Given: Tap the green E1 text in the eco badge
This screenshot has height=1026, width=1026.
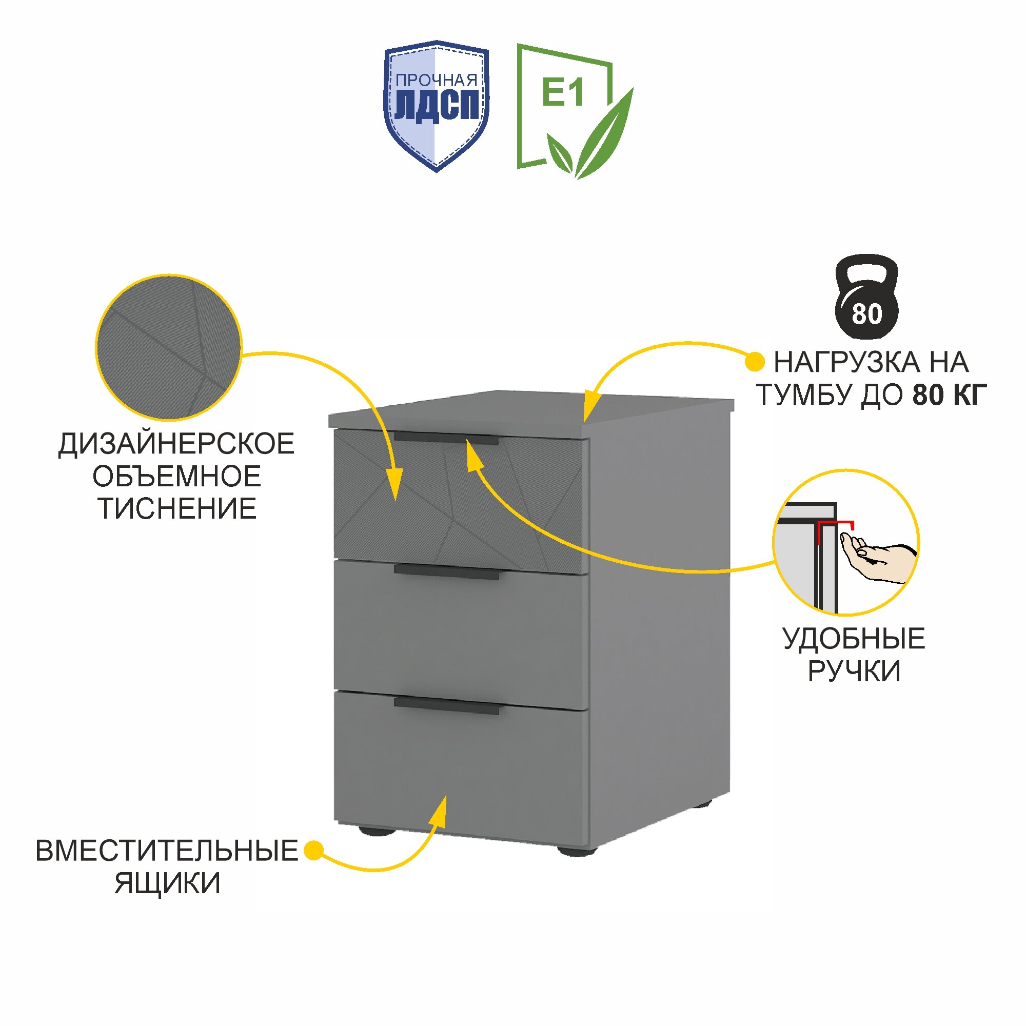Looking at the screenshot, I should pyautogui.click(x=562, y=92).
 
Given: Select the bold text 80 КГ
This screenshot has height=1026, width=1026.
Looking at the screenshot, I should pyautogui.click(x=949, y=394).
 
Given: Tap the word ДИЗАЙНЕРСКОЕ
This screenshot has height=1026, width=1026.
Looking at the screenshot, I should pyautogui.click(x=176, y=444).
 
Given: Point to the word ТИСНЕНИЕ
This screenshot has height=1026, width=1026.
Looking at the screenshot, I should pyautogui.click(x=177, y=509).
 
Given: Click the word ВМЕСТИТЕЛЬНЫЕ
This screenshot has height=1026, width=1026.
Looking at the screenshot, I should pyautogui.click(x=167, y=850).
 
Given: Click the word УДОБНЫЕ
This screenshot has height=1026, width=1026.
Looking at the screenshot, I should pyautogui.click(x=854, y=638).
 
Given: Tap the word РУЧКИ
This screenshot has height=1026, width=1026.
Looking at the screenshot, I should pyautogui.click(x=854, y=670).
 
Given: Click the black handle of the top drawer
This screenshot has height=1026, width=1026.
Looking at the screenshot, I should pyautogui.click(x=446, y=438).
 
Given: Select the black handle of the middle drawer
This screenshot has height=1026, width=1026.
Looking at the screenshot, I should pyautogui.click(x=446, y=573).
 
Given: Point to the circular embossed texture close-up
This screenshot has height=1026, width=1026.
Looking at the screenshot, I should pyautogui.click(x=168, y=348).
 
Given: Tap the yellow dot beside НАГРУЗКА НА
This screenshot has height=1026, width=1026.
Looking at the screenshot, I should pyautogui.click(x=755, y=362).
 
